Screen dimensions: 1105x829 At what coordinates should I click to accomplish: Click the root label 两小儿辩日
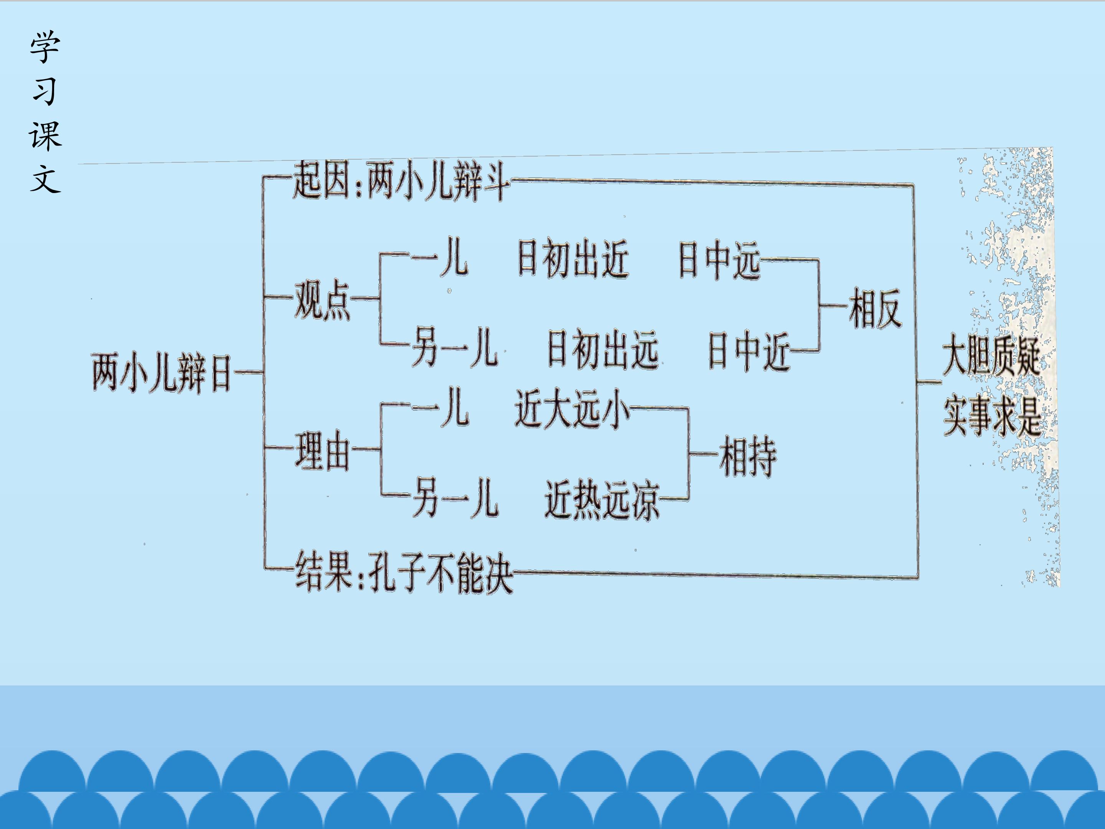pos(162,372)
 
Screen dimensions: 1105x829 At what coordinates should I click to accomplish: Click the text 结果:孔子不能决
pos(404,573)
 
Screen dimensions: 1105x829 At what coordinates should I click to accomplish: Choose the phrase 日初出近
pos(572,259)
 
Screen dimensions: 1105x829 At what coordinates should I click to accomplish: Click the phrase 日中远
pos(719,260)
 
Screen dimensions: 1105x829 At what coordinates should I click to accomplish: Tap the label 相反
pos(875,308)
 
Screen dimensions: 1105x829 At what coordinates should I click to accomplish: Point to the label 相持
pos(748,457)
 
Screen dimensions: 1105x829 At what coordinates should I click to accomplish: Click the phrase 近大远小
pos(572,409)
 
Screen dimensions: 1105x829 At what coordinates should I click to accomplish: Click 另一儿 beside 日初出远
pos(455,348)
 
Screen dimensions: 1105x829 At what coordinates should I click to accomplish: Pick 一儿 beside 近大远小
pos(440,407)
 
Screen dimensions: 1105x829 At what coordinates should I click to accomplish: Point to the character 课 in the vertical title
pos(45,135)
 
